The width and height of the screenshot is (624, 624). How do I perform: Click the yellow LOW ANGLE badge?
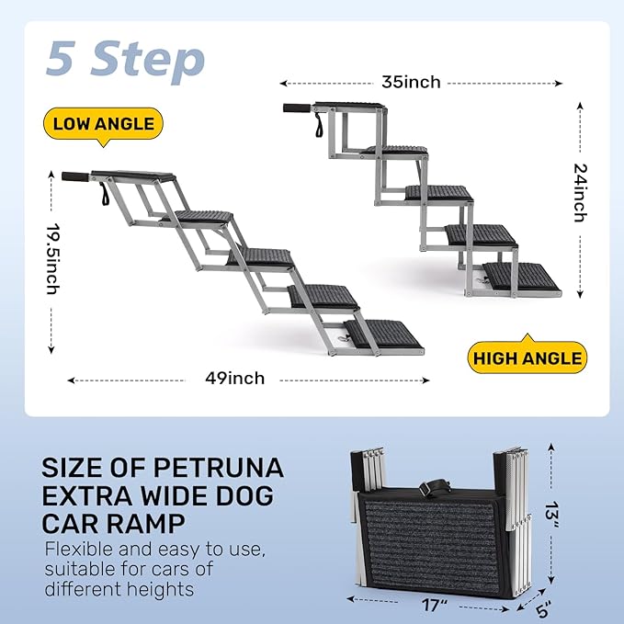103,124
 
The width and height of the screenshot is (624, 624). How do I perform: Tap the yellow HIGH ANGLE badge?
528,357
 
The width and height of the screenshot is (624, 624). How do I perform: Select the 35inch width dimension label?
411,82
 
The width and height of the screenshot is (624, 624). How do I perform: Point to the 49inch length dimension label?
234,378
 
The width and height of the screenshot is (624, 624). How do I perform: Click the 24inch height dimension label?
580,193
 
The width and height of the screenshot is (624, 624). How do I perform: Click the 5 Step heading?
125,60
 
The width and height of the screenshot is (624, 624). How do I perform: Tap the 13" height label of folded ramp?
552,516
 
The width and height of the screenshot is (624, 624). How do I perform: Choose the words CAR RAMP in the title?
113,523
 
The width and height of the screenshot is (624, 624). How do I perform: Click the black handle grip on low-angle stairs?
75,176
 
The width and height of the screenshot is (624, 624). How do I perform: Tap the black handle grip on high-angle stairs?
297,108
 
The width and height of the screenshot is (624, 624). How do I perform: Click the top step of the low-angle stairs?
133,176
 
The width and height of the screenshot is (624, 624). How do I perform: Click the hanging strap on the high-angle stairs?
319,125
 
